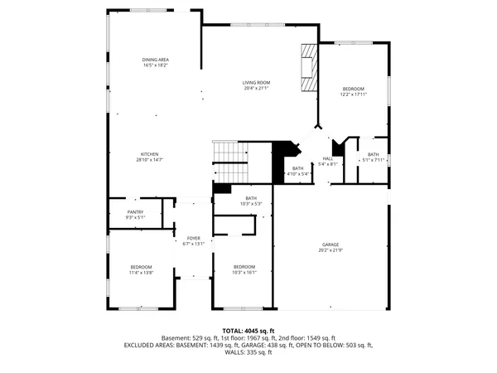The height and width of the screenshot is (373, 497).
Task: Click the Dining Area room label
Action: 155,60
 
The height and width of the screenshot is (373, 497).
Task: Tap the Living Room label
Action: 256,83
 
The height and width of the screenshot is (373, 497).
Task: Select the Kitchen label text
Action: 149,154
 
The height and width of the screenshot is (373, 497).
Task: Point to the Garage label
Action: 331,245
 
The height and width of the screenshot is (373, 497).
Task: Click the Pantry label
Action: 135,212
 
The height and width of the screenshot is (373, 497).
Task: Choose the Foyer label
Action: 193,239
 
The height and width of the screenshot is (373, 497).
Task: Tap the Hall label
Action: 328,158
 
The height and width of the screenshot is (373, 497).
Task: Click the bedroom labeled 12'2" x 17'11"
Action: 353,89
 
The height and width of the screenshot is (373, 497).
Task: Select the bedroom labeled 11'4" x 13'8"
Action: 141,266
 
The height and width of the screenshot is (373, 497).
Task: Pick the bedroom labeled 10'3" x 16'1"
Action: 244,266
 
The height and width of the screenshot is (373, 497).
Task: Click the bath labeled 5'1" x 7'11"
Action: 374,154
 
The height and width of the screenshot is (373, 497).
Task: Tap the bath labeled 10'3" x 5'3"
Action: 250,198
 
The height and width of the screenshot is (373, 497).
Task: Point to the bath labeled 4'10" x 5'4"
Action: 297,169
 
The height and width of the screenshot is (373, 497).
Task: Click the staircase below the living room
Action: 231,162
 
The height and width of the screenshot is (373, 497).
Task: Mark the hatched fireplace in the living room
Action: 308,66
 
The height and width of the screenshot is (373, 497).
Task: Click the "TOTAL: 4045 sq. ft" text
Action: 248,331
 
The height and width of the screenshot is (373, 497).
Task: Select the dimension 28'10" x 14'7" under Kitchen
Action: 149,160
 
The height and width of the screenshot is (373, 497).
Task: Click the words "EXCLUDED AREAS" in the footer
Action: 152,345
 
